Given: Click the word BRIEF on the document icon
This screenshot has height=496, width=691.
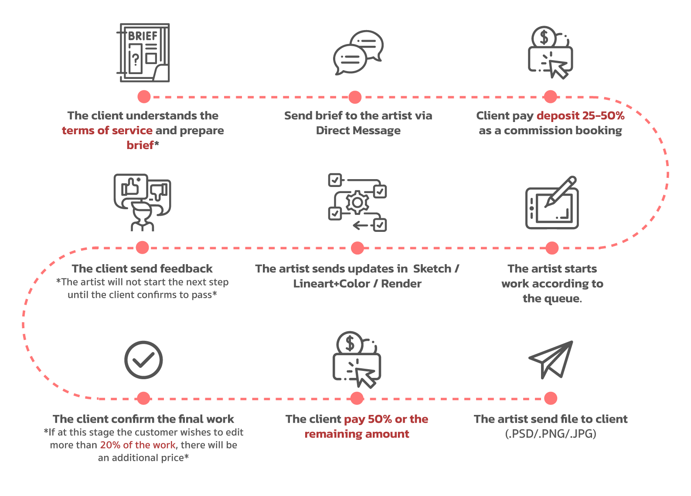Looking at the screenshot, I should click(143, 36).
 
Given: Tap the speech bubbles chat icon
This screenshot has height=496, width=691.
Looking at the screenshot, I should click(358, 53).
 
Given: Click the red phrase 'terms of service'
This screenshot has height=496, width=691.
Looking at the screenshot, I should click(107, 130).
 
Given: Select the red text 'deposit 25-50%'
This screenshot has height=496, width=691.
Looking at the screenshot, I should click(580, 116).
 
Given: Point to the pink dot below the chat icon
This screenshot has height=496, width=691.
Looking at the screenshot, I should click(355, 97).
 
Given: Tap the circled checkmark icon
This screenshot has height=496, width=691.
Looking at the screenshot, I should click(143, 360).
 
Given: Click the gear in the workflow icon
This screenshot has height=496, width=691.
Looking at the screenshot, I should click(357, 203).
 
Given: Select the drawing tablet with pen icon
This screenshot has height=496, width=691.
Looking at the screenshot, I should click(552, 203).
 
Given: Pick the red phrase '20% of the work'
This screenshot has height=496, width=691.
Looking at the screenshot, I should click(138, 445).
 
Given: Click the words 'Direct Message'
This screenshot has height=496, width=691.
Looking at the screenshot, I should click(358, 130).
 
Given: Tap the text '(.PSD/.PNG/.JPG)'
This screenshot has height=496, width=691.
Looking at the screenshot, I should click(551, 434).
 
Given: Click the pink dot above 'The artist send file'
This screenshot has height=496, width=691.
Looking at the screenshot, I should click(551, 398).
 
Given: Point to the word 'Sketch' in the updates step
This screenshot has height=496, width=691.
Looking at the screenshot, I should click(432, 268).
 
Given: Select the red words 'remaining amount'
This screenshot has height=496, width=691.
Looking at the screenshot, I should click(357, 434).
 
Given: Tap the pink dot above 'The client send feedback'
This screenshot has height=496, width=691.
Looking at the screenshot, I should click(142, 248).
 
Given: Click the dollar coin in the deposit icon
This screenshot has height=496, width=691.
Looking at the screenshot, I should click(543, 37).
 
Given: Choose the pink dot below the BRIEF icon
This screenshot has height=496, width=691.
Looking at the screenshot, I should click(144, 97).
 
